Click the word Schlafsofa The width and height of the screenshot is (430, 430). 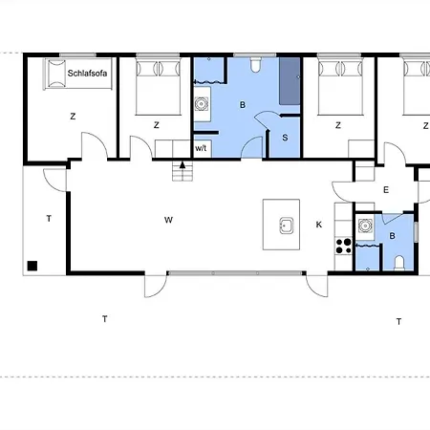coord(87,74)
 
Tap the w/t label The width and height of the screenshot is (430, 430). coord(201,148)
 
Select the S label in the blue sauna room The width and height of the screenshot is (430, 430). coord(285,138)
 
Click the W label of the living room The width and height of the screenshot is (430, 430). coord(168,220)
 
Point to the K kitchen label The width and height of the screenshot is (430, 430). coord(319,225)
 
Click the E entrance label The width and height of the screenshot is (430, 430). coord(386,190)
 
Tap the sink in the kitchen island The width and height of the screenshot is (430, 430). coord(287,226)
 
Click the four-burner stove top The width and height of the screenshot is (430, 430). coord(344,246)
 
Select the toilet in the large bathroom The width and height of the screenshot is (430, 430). coord(255,65)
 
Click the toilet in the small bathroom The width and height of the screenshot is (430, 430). coord(399,263)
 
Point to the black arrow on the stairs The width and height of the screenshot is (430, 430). coord(183,164)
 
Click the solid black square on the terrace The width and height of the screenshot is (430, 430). coord(32,266)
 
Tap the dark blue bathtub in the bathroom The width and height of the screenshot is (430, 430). coord(290,81)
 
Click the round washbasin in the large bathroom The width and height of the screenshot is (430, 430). coord(202,104)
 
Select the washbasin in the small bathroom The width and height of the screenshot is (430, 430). coord(365,226)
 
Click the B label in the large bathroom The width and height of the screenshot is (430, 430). coord(243,105)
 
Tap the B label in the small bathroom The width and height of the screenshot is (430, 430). coord(393,236)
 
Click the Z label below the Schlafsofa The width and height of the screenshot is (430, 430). coord(73,117)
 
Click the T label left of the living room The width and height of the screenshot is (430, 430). coord(49,219)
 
